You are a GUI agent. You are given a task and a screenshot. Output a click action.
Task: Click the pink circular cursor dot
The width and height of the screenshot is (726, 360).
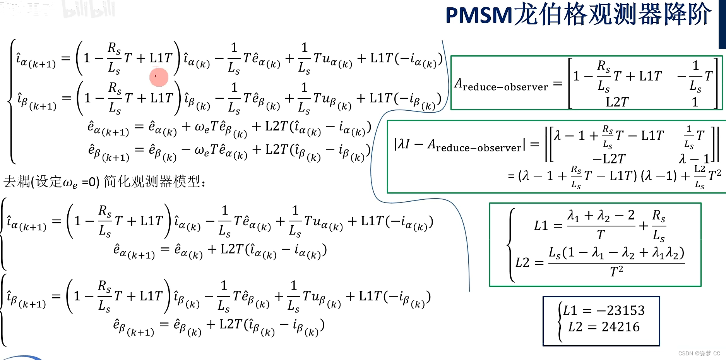click(159, 77)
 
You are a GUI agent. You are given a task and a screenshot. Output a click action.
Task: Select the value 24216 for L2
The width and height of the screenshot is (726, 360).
click(621, 327)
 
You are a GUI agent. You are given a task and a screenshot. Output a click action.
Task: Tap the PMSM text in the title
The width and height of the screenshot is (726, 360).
click(479, 15)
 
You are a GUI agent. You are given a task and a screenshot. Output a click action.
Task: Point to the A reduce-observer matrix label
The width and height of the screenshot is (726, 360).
click(501, 84)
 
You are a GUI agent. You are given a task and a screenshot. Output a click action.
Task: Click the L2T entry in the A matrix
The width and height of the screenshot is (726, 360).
click(617, 102)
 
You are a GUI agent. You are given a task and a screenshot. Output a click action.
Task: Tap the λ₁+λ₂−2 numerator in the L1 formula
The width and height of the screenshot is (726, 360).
click(601, 215)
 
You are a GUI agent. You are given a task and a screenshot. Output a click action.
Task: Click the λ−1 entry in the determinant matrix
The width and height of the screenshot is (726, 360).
click(694, 159)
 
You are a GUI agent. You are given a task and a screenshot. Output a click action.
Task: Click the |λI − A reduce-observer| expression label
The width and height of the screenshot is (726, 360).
click(459, 145)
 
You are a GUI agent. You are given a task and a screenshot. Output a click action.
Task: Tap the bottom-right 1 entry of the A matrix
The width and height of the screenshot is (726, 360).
click(695, 102)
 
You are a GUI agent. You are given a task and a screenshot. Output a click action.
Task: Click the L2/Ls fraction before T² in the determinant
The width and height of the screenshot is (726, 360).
click(700, 176)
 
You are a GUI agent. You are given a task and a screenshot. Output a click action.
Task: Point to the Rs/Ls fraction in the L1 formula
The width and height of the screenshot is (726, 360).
click(659, 225)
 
